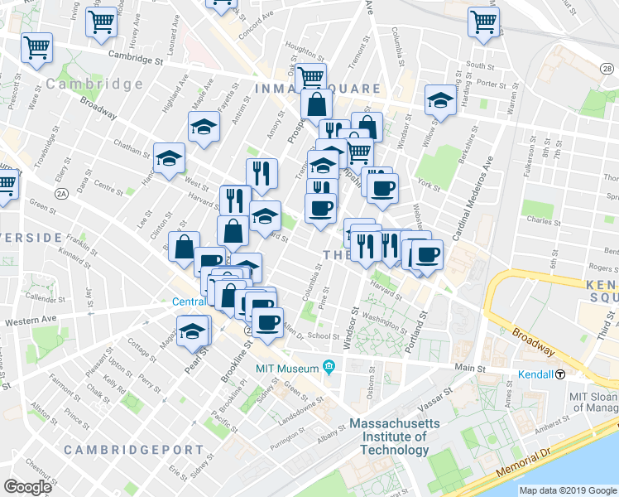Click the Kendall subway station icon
[560, 374]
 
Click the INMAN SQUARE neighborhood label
[318, 89]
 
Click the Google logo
[27, 486]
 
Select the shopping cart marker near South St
[484, 22]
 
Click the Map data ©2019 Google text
[568, 490]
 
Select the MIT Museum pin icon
[329, 366]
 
